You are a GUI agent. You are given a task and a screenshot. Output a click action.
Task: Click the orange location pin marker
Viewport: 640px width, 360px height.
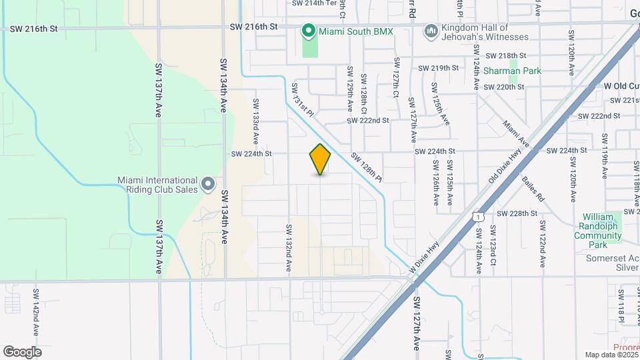(x=321, y=159)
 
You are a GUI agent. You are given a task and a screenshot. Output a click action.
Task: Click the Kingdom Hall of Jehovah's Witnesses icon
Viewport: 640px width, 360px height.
(x=431, y=31)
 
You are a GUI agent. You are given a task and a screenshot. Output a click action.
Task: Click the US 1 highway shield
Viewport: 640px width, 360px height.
(x=477, y=216)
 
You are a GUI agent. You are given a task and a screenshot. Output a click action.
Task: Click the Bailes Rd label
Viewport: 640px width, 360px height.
(x=533, y=189)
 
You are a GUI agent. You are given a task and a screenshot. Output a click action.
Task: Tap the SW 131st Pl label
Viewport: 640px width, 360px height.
(x=302, y=99)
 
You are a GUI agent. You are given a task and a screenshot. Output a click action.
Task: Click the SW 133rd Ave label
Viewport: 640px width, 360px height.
(x=255, y=123)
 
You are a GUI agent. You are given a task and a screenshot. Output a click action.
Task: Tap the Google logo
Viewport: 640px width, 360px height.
(x=22, y=352)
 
